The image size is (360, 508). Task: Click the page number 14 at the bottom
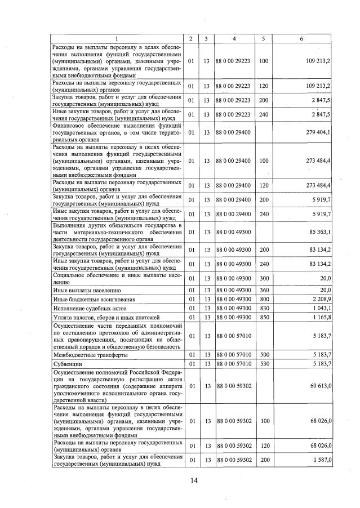click(x=194, y=480)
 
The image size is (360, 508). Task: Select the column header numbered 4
click(x=233, y=38)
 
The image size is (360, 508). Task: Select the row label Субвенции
click(x=68, y=364)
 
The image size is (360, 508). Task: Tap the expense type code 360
click(x=263, y=289)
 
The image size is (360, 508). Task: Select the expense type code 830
click(x=263, y=308)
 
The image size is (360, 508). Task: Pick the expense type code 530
click(x=263, y=364)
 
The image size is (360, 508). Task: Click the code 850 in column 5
click(x=263, y=317)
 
